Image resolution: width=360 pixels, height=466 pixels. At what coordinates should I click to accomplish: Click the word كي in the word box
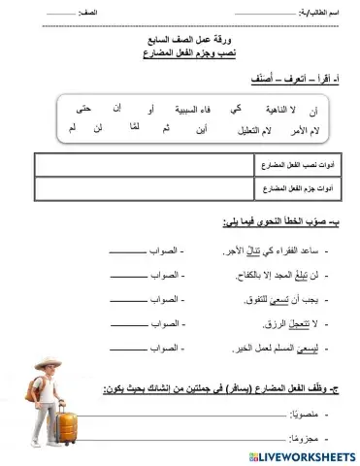click(237, 108)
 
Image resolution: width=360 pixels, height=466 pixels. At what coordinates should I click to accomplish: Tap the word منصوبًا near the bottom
click(305, 415)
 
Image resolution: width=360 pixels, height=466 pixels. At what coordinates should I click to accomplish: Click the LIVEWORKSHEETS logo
click(295, 455)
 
